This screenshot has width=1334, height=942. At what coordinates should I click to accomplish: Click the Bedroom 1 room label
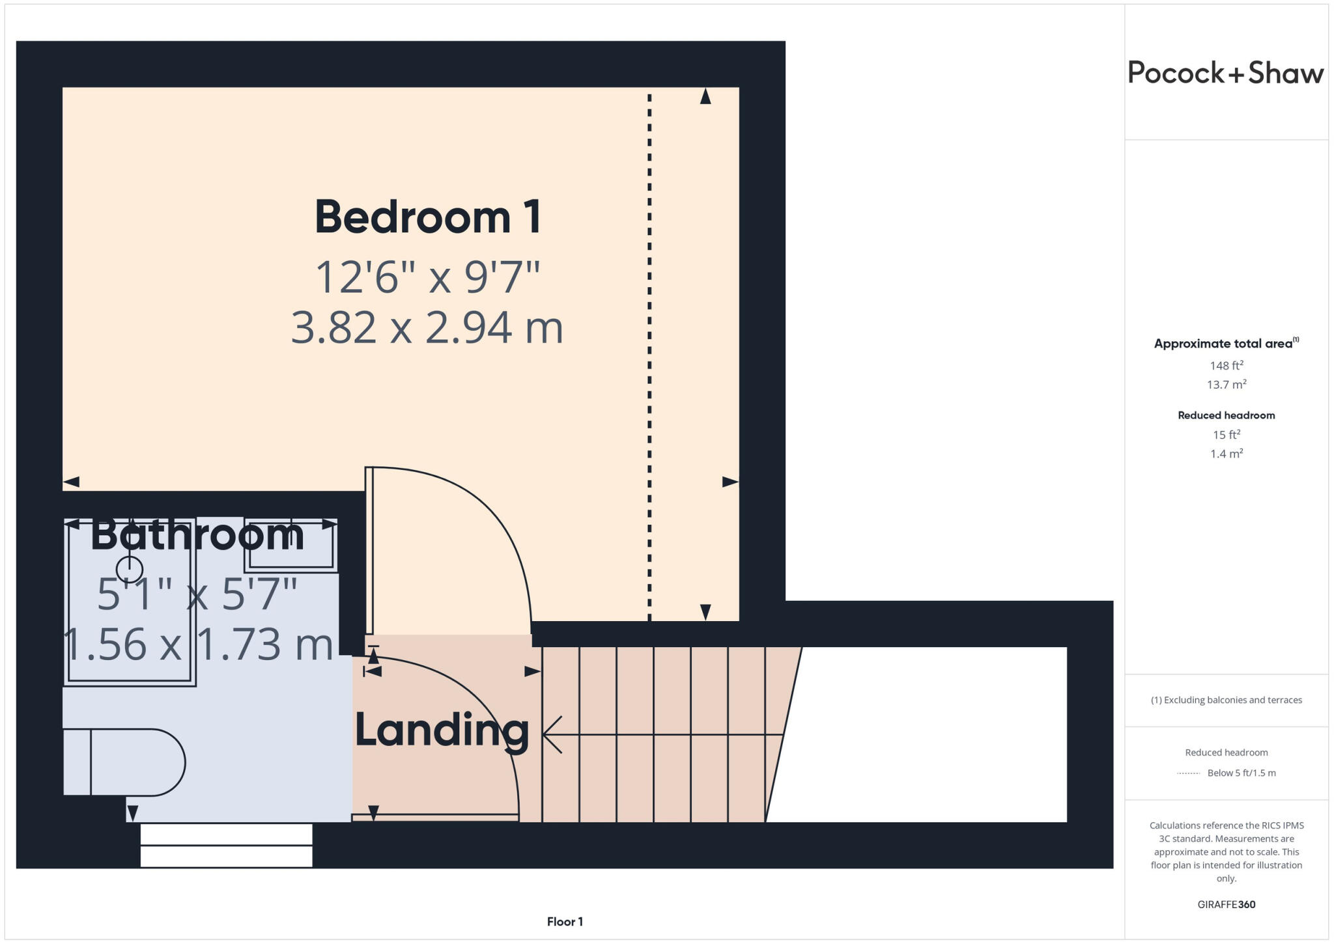(427, 217)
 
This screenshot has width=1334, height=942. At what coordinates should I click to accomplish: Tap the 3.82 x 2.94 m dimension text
(427, 327)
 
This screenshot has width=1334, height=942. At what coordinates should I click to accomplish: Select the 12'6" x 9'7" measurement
(427, 277)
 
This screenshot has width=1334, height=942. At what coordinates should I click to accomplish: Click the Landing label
(442, 730)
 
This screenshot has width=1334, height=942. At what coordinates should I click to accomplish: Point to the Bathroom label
(197, 535)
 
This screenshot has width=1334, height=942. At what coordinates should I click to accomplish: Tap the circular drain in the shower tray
(130, 569)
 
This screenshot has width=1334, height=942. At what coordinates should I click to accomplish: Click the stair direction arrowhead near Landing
(551, 734)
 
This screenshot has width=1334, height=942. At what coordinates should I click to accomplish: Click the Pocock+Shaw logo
(1225, 72)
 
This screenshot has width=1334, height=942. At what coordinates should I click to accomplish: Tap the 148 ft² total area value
(1226, 365)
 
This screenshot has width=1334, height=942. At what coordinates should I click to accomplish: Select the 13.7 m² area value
(1226, 384)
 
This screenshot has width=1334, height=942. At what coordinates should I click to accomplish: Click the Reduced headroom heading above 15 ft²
(1226, 415)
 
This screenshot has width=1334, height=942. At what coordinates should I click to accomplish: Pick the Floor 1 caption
(564, 921)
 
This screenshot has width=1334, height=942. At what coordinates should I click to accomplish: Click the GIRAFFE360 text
(1226, 904)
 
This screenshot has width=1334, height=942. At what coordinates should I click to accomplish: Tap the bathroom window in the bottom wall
(226, 845)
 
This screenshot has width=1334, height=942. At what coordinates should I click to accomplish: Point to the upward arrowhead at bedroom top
(705, 96)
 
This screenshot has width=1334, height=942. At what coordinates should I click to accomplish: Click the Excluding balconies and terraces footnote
(1226, 700)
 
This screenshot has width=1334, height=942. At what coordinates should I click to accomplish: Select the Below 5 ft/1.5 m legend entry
(1241, 773)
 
